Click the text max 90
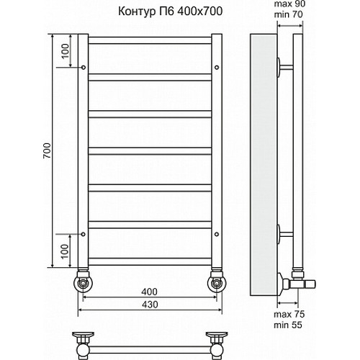pyautogui.click(x=293, y=6)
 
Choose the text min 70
pyautogui.click(x=293, y=17)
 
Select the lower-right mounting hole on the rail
pyautogui.click(x=215, y=233)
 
